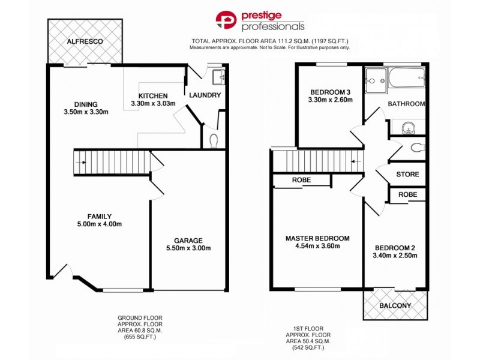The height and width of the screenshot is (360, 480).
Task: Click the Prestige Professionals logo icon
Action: (x=226, y=20)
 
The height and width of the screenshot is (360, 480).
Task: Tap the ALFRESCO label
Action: (x=85, y=41)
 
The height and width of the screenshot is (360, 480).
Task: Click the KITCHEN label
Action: (x=153, y=96)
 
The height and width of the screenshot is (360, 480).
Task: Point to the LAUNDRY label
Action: (x=205, y=95)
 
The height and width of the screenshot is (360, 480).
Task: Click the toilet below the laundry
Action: (x=215, y=139)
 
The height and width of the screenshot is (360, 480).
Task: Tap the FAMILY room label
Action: (x=100, y=217)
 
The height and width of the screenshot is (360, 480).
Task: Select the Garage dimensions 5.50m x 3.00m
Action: (x=188, y=248)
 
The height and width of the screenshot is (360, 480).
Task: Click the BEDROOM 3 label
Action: (x=329, y=92)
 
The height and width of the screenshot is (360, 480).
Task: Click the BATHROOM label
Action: (x=406, y=104)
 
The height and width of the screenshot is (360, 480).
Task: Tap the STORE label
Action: (x=407, y=175)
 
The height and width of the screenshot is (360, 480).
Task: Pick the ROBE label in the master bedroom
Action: (x=301, y=180)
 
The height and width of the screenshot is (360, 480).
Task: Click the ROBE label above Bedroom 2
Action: (x=407, y=195)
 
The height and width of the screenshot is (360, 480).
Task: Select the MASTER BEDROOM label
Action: (x=317, y=238)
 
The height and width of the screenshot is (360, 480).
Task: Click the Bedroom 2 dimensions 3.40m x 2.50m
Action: (x=395, y=256)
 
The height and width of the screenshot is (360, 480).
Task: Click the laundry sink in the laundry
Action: (x=217, y=76)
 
